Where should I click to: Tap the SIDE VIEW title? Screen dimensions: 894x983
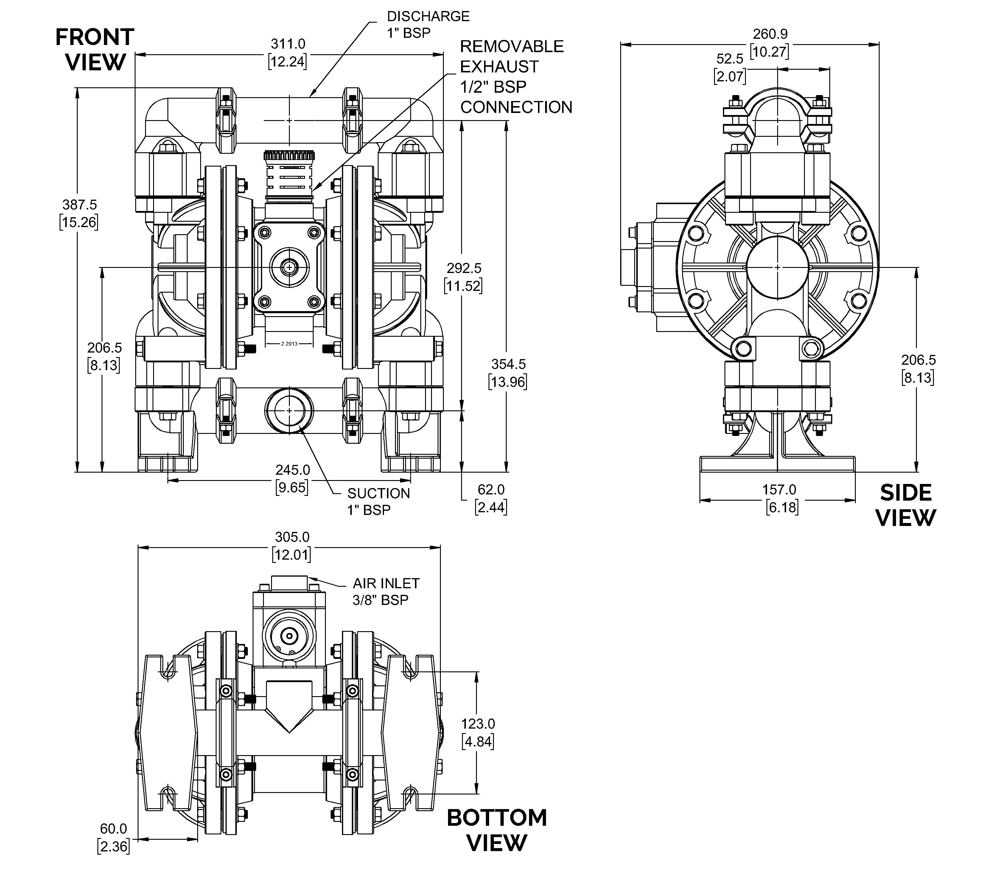[906, 505]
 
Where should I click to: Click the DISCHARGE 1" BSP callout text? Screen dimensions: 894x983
[428, 24]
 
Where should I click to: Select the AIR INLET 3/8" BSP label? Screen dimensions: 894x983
[386, 591]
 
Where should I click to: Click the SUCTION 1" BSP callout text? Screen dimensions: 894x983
[378, 501]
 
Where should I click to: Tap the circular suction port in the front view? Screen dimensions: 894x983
[289, 410]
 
